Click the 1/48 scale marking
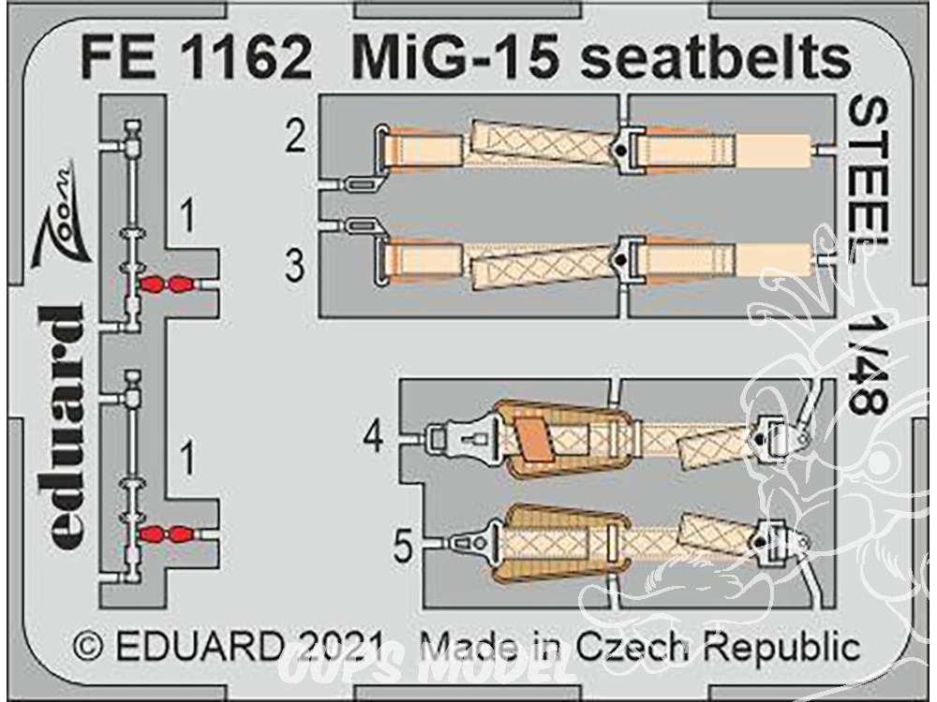tap(868, 367)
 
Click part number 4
tap(374, 439)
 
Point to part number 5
tap(403, 547)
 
